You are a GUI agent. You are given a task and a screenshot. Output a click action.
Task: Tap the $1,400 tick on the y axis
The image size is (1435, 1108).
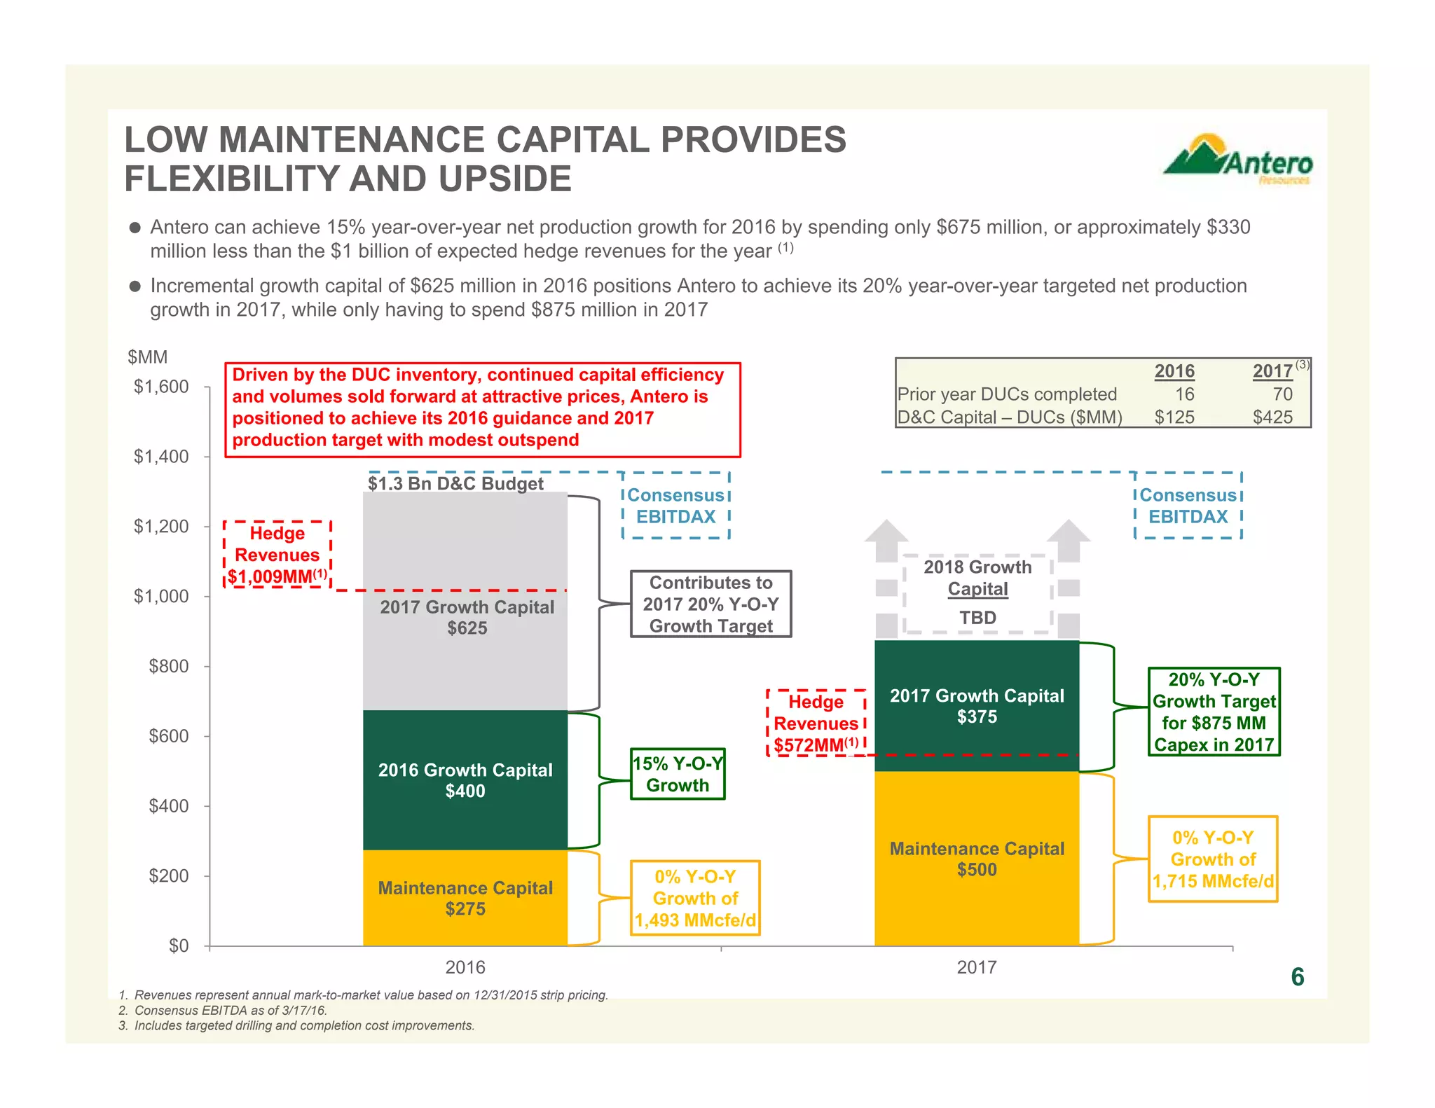point(161,457)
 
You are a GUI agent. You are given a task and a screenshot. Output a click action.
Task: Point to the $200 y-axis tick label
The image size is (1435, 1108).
point(168,875)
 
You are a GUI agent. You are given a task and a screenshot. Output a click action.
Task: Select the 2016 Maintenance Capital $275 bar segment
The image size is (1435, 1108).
point(465,899)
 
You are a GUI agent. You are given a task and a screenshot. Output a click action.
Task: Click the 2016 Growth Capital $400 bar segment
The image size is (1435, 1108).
point(465,780)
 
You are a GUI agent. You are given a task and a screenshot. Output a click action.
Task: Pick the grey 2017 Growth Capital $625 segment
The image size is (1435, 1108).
point(465,617)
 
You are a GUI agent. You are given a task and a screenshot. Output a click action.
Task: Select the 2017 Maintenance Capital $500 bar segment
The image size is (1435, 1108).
point(977,859)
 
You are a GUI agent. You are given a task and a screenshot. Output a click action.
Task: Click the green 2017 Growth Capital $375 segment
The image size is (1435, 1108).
point(977,706)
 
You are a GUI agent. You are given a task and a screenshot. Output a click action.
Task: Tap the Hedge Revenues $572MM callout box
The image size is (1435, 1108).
point(817,723)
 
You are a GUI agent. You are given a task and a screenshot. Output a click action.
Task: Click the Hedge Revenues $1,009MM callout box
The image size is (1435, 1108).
point(277,555)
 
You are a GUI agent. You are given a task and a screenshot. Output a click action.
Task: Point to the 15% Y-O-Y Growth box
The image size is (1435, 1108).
point(678,774)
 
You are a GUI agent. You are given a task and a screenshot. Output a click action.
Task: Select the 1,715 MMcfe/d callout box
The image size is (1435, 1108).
point(1213,859)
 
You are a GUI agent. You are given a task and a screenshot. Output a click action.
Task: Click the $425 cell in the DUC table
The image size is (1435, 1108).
point(1272,417)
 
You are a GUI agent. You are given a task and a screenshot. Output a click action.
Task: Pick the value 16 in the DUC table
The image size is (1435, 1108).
point(1184,394)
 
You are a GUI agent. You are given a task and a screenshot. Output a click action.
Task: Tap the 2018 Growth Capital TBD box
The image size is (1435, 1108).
point(977,593)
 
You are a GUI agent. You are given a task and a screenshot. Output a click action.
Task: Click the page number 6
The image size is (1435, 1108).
point(1297,977)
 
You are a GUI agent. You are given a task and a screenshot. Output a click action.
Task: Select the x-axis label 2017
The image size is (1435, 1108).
point(977,968)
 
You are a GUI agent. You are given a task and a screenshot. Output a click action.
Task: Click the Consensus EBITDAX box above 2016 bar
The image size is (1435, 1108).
point(676,506)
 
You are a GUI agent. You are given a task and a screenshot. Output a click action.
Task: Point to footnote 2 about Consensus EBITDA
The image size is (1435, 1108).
point(223,1011)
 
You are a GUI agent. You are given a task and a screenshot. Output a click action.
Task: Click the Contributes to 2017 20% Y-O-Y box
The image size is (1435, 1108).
point(710,604)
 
